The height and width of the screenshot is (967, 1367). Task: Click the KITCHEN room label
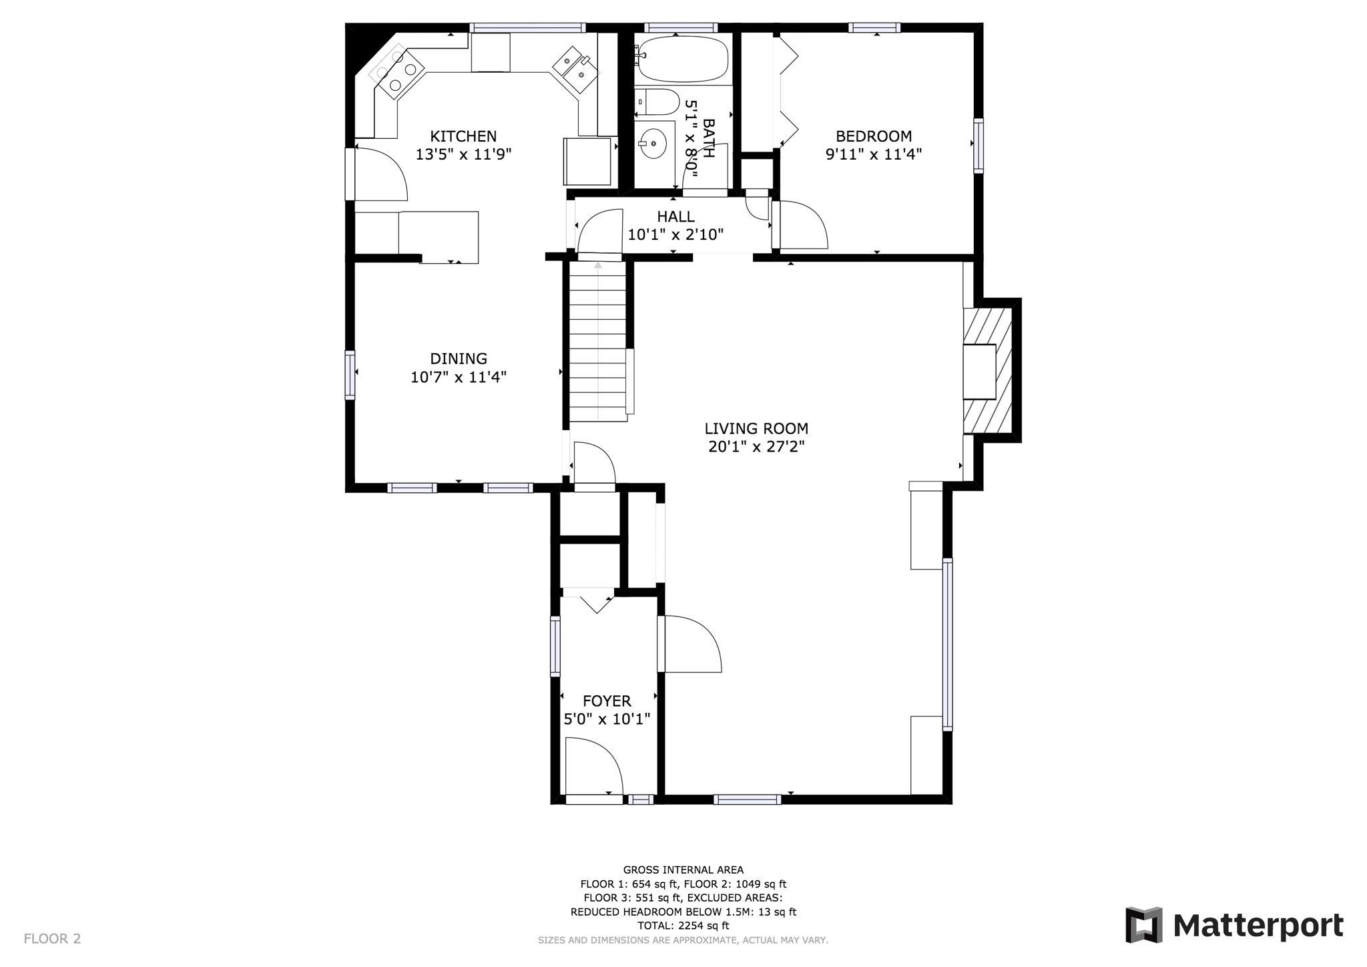tap(463, 136)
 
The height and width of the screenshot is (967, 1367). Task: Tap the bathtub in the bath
tap(681, 59)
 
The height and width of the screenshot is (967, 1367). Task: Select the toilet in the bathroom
tap(657, 102)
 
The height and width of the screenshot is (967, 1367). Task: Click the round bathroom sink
tap(652, 143)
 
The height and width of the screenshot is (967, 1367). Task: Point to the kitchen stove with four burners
tap(398, 70)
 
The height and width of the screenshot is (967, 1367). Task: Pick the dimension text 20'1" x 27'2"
tap(756, 447)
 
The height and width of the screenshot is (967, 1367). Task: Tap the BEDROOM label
tap(873, 136)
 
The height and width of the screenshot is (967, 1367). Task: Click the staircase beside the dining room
tap(598, 341)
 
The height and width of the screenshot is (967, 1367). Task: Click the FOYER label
tap(607, 701)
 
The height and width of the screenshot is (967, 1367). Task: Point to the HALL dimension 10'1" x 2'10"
tap(675, 234)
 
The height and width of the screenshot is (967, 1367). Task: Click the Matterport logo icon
tap(1143, 925)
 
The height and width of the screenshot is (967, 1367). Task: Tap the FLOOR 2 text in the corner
tap(52, 938)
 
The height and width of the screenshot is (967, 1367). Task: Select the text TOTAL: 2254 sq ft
tap(683, 926)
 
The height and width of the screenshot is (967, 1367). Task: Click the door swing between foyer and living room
tap(691, 644)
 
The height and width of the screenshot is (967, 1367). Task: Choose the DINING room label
tap(458, 359)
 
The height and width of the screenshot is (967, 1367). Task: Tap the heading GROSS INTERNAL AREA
tap(683, 869)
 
